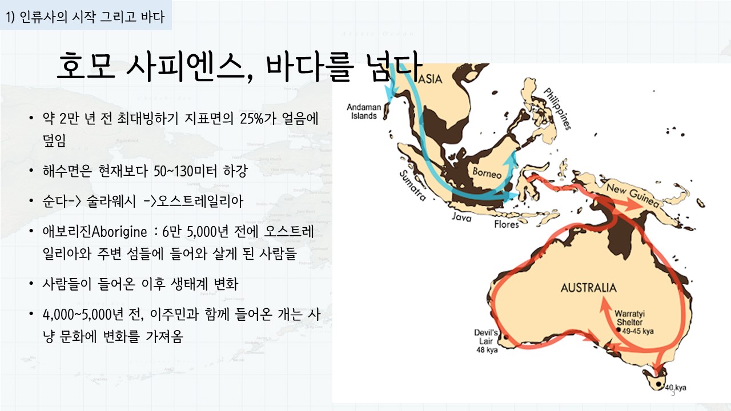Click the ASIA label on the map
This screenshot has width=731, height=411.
[x=430, y=79]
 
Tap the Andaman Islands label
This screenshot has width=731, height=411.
[x=364, y=111]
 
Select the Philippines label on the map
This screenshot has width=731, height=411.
[x=557, y=108]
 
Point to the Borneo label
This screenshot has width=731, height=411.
[x=487, y=172]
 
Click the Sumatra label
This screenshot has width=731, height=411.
[x=413, y=186]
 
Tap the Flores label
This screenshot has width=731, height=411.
[x=507, y=224]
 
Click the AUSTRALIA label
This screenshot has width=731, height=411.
[x=589, y=288]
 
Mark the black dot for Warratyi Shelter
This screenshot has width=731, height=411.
[x=618, y=330]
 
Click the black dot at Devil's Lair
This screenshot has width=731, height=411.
[x=506, y=337]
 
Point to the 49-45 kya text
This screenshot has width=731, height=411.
[x=638, y=332]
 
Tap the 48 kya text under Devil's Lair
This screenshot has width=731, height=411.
[x=487, y=350]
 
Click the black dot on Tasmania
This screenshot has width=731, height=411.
[x=658, y=384]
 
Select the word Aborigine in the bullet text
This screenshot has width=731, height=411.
[x=119, y=232]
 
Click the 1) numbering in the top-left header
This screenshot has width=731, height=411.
[x=10, y=17]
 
